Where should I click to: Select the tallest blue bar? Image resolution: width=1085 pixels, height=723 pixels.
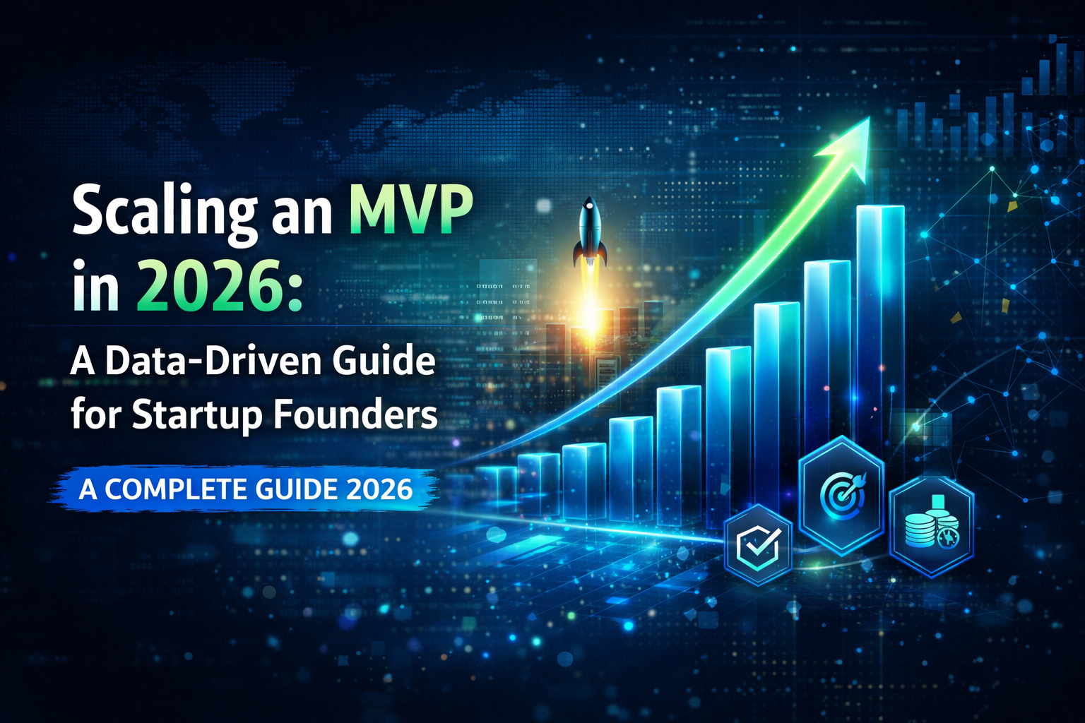pos(879,318)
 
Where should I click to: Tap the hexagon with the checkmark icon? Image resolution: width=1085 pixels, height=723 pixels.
pos(758,544)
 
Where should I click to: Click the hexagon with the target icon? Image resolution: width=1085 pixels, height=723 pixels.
pos(841,494)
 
